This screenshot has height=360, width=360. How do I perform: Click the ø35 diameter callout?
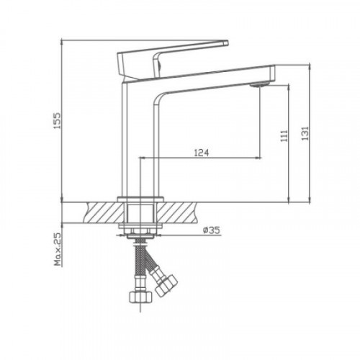tap(211, 230)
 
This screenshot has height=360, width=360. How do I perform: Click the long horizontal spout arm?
tap(209, 74)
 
